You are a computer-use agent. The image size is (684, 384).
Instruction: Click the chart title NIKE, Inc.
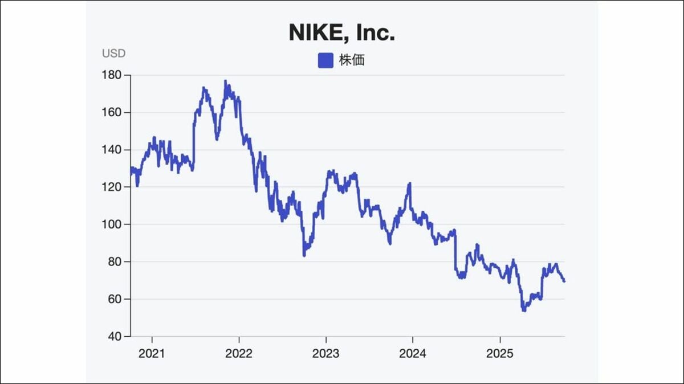point(342,32)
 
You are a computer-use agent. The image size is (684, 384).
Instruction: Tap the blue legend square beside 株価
point(325,60)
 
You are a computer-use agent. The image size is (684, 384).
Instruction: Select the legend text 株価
point(351,60)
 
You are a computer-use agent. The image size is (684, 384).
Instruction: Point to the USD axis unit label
point(113,54)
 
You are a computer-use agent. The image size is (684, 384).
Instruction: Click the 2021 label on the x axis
point(152,353)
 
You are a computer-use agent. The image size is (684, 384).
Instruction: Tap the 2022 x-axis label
point(239,353)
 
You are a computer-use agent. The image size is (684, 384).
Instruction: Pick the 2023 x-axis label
point(325,353)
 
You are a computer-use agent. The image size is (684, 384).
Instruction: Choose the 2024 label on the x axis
point(412,353)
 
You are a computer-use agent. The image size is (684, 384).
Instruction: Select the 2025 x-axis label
point(499,353)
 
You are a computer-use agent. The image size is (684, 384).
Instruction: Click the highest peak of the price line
point(226,81)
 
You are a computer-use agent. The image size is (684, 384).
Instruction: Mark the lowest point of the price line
point(523,311)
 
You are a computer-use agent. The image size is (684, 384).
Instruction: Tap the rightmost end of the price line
point(564,281)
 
